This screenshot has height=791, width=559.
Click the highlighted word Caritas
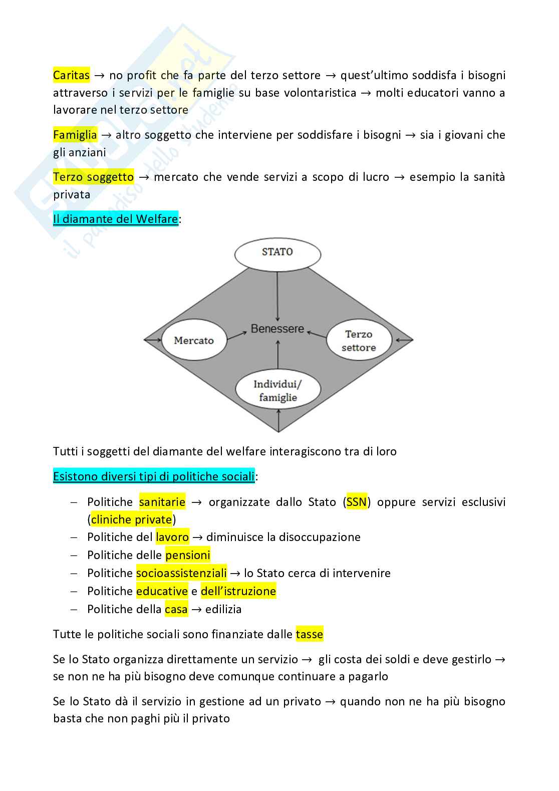(x=71, y=75)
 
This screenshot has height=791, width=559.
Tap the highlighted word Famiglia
(x=75, y=135)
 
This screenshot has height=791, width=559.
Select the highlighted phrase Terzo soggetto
(x=93, y=177)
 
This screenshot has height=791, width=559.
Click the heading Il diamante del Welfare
(x=116, y=219)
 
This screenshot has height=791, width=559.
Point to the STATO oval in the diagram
(x=277, y=253)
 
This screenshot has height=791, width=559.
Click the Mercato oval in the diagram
(x=194, y=341)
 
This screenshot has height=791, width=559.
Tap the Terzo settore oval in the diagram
(x=359, y=341)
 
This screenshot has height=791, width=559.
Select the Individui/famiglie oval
(x=278, y=391)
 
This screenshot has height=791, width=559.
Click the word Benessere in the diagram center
(x=277, y=329)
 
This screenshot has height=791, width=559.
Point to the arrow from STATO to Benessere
(x=277, y=296)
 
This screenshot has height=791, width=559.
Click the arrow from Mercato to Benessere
(x=237, y=334)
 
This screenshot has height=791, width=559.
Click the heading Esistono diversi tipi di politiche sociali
(x=154, y=476)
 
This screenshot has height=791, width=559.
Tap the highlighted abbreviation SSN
(x=357, y=502)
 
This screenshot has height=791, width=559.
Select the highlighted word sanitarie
(x=162, y=502)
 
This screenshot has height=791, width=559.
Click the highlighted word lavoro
(x=172, y=537)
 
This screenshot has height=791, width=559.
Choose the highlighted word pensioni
(x=188, y=555)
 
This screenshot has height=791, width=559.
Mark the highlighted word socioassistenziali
(x=181, y=573)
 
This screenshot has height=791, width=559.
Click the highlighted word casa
(x=176, y=609)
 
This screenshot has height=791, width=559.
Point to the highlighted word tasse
(x=310, y=634)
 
